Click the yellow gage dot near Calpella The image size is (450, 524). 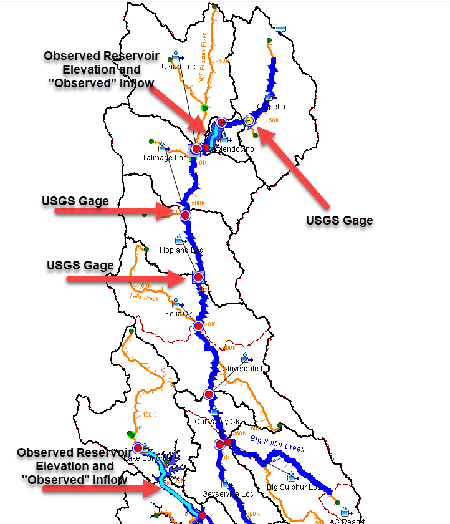pyautogui.click(x=249, y=120)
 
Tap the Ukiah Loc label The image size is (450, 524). pyautogui.click(x=178, y=67)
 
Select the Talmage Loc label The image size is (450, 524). pyautogui.click(x=164, y=158)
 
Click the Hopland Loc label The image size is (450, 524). pyautogui.click(x=181, y=250)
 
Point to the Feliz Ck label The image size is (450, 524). pyautogui.click(x=178, y=313)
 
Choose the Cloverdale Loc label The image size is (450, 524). pyautogui.click(x=247, y=369)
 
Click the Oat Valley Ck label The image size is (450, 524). pyautogui.click(x=218, y=421)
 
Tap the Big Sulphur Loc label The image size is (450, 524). pyautogui.click(x=293, y=487)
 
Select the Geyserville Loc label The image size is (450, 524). pyautogui.click(x=227, y=494)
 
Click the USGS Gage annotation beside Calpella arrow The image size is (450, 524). pyautogui.click(x=340, y=220)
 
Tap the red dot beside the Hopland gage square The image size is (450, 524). pyautogui.click(x=199, y=277)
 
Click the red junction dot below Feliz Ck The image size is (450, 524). pyautogui.click(x=198, y=326)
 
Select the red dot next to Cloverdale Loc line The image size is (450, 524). pyautogui.click(x=209, y=394)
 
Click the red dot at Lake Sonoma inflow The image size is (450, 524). pyautogui.click(x=138, y=448)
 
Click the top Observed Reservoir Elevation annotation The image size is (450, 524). pyautogui.click(x=92, y=69)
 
